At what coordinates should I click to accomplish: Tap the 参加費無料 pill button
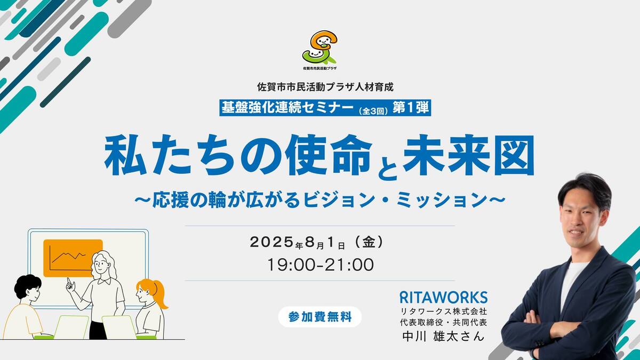(x=319, y=317)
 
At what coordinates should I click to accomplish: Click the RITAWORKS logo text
(x=443, y=298)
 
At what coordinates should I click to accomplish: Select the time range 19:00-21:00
(x=321, y=265)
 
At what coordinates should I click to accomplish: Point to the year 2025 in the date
(x=272, y=242)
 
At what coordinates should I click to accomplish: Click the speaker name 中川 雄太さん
(x=443, y=336)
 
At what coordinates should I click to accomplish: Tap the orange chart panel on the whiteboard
(x=73, y=258)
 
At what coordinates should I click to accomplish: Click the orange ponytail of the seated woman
(x=160, y=294)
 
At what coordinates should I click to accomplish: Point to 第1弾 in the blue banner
(x=411, y=108)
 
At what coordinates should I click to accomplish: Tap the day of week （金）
(x=369, y=242)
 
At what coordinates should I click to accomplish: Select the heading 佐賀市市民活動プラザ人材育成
(x=325, y=87)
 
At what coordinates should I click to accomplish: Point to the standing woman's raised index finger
(x=68, y=281)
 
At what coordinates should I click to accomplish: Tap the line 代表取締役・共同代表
(x=443, y=323)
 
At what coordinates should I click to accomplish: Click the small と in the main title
(x=387, y=168)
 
